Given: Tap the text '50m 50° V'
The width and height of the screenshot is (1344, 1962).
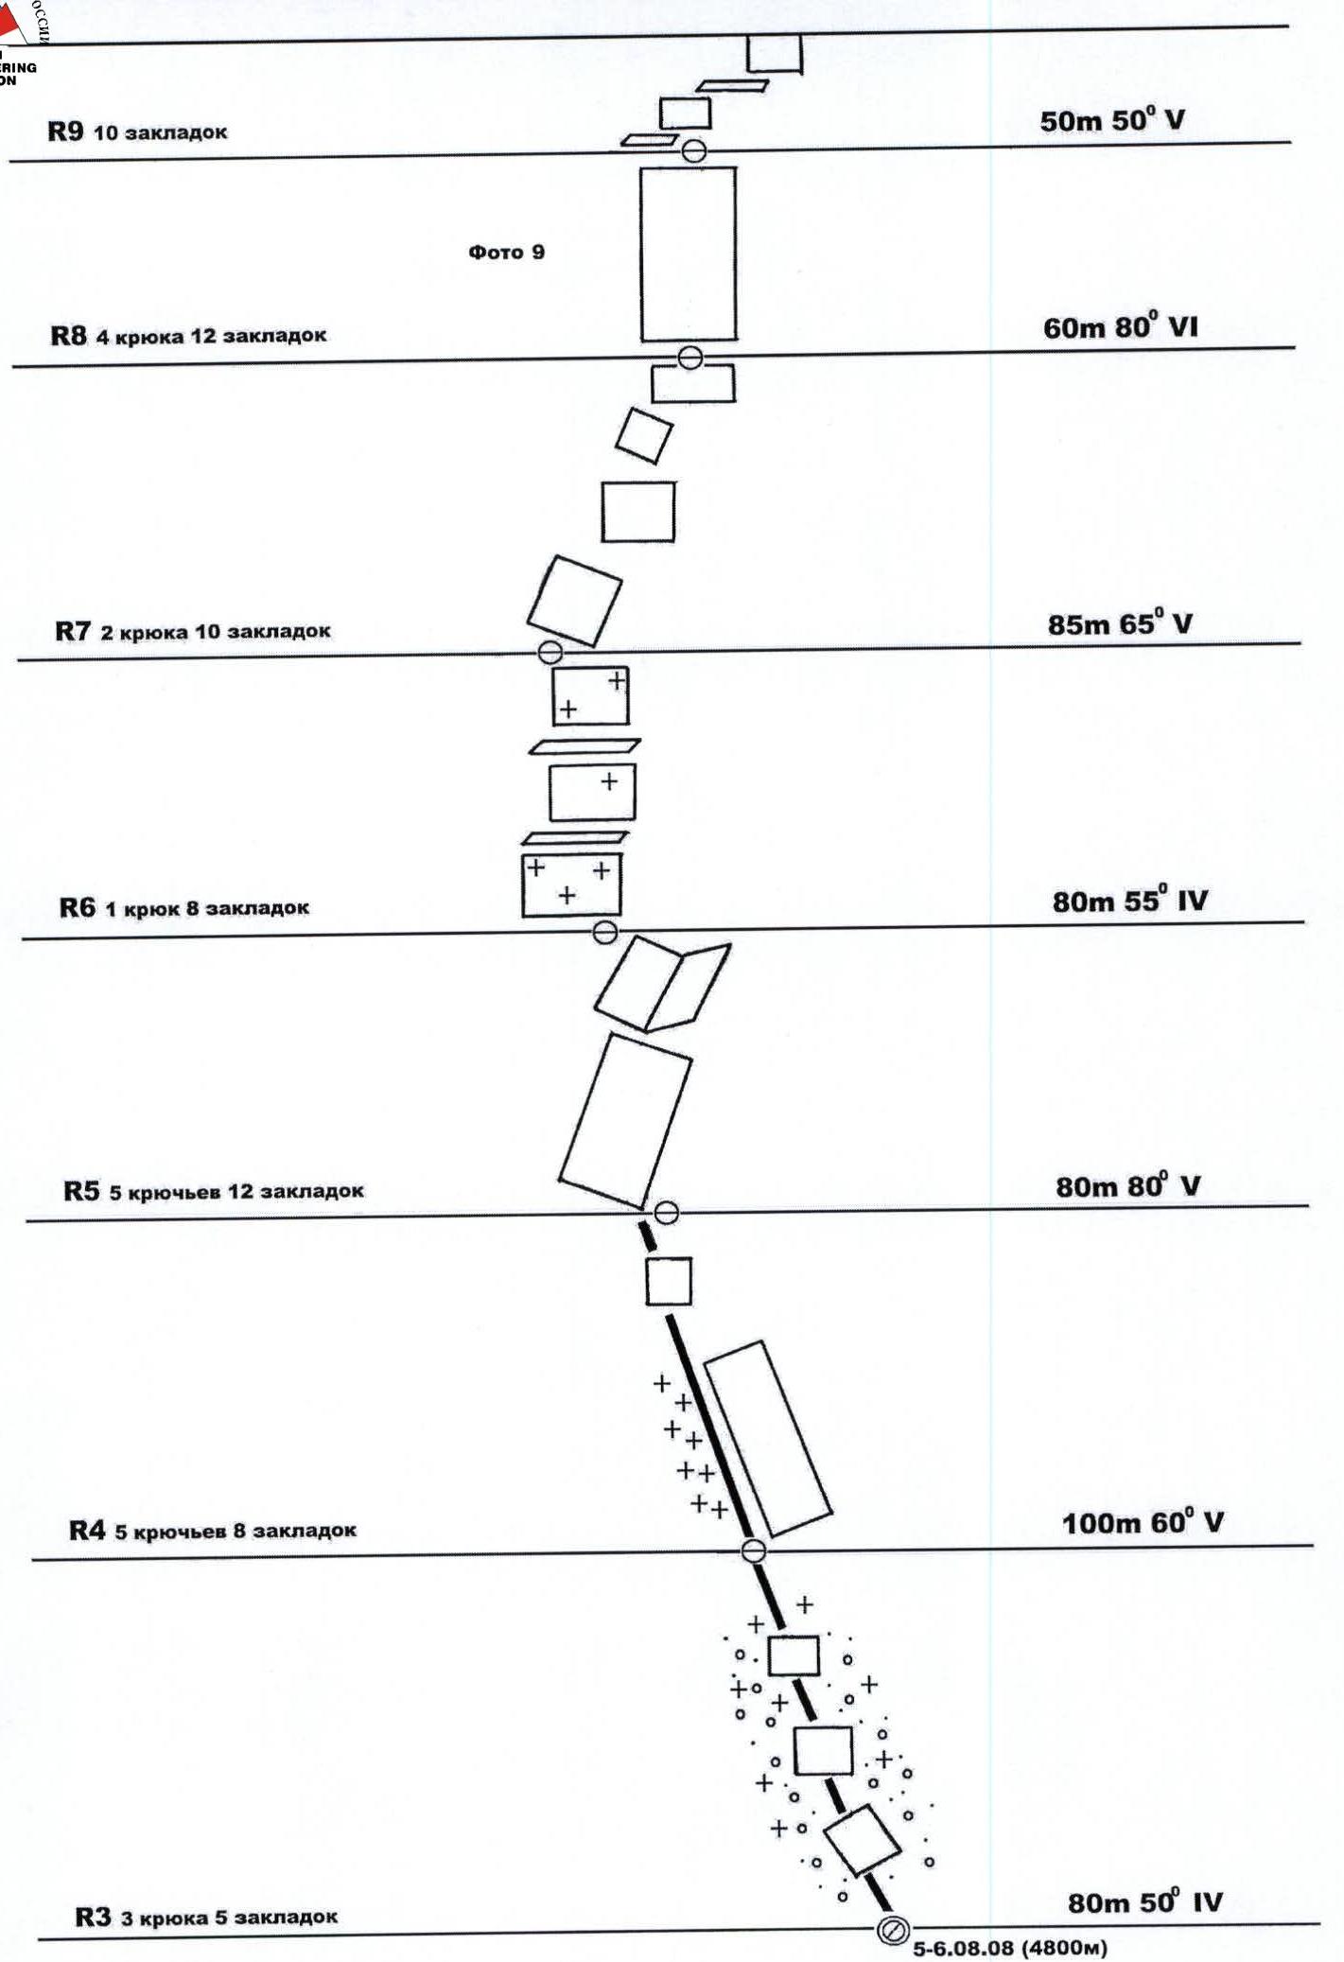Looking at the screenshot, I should click(x=1111, y=121).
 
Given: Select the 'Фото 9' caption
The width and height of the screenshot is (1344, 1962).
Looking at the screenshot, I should click(x=506, y=252).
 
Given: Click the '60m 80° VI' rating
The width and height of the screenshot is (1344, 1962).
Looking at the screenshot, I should click(x=1120, y=327).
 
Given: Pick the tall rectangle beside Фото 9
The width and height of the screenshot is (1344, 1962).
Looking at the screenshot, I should click(x=688, y=254).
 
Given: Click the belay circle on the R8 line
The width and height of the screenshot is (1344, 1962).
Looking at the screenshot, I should click(x=690, y=358).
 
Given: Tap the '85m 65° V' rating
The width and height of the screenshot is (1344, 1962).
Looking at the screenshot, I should click(x=1119, y=624).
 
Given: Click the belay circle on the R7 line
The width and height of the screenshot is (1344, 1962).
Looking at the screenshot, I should click(x=550, y=652).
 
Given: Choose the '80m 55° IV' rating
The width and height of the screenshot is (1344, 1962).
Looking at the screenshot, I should click(x=1129, y=901).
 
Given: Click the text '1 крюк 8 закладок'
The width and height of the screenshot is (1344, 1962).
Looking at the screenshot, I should click(x=207, y=908).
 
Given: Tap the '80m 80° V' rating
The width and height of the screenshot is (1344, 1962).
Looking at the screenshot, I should click(x=1127, y=1185).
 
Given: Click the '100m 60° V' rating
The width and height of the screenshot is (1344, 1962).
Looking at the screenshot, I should click(x=1142, y=1523).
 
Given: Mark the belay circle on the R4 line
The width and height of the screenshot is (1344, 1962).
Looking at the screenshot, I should click(x=753, y=1550).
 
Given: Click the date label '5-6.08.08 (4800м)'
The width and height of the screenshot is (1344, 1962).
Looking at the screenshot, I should click(x=1009, y=1949).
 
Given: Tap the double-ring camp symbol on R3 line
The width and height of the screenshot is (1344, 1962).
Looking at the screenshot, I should click(x=893, y=1930).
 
